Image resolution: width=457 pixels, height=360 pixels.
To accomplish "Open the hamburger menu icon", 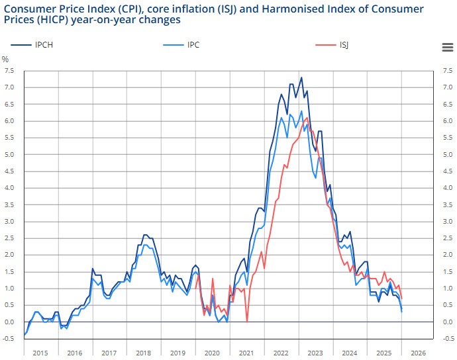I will pyautogui.click(x=447, y=46).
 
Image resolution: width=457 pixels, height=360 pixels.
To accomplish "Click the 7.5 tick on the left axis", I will pyautogui.click(x=9, y=71).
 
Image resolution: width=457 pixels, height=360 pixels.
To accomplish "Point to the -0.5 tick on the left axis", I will pyautogui.click(x=8, y=338).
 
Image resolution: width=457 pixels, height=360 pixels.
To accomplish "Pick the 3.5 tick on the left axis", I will pyautogui.click(x=9, y=204).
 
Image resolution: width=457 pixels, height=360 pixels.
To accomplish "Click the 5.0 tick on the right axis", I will pyautogui.click(x=448, y=154).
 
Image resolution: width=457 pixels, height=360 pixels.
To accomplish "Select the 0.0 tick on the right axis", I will pyautogui.click(x=448, y=322).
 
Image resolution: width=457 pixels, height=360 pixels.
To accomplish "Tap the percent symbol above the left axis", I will pyautogui.click(x=5, y=60).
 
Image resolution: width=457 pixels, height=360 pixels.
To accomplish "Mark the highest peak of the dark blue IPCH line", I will pyautogui.click(x=301, y=78).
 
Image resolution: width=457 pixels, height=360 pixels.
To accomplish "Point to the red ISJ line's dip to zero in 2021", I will pyautogui.click(x=247, y=321).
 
